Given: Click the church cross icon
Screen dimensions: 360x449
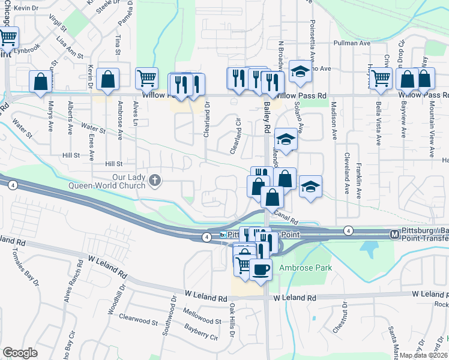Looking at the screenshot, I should (x=155, y=180).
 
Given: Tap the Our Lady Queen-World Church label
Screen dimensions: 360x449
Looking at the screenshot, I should (x=129, y=181).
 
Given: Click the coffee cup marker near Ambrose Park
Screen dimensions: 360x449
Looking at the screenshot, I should (x=260, y=269).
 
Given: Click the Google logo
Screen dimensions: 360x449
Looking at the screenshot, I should (x=20, y=352).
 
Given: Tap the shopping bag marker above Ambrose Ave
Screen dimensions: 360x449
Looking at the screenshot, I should (x=107, y=80).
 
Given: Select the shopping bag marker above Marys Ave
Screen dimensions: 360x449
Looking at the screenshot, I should (x=41, y=83).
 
